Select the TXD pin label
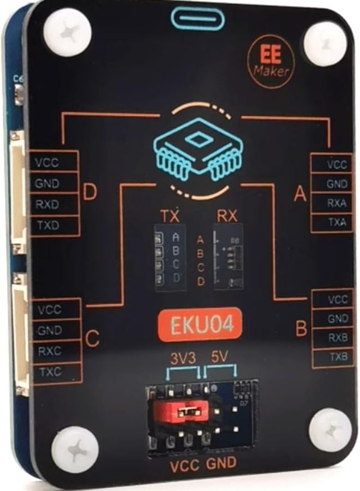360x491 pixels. point(47,224)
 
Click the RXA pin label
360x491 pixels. point(337,203)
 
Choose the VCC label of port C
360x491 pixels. point(50,309)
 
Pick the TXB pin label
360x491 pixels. point(338,357)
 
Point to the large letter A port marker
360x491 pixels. point(299,194)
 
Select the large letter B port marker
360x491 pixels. point(301,329)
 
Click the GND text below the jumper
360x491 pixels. point(221,465)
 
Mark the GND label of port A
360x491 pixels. point(337,184)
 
